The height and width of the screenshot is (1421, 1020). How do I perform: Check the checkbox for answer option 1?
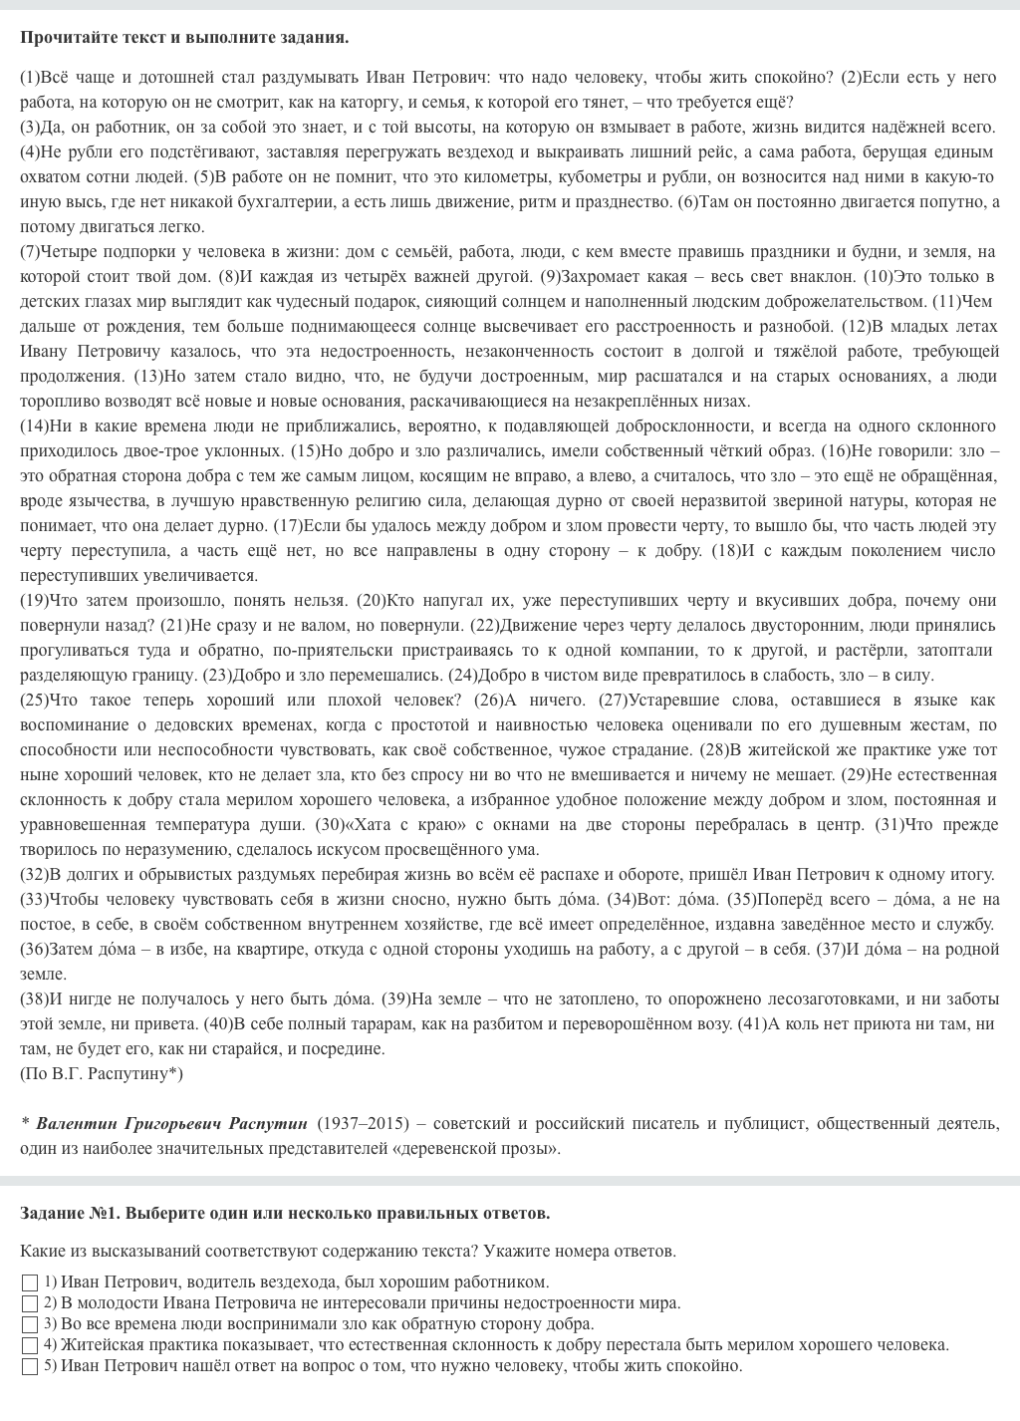point(29,1282)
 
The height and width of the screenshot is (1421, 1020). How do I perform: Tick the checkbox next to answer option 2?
point(29,1303)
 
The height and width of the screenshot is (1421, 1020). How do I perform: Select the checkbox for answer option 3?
point(29,1324)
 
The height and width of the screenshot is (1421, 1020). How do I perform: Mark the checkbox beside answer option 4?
point(29,1345)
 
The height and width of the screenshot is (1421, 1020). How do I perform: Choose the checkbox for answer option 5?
point(29,1366)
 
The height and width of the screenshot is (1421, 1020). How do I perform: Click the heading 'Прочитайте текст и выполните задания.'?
point(184,38)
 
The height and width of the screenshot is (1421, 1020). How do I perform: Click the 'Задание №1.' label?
point(71,1213)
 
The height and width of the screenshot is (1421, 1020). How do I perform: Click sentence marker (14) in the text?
point(35,426)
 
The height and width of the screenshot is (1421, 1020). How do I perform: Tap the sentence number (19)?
point(35,601)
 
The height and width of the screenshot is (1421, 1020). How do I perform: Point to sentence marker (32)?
point(35,875)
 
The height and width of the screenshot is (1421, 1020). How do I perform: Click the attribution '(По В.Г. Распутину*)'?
point(102,1074)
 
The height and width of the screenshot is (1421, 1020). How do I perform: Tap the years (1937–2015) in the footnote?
point(363,1124)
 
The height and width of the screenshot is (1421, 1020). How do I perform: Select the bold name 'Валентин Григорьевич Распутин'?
point(172,1124)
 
